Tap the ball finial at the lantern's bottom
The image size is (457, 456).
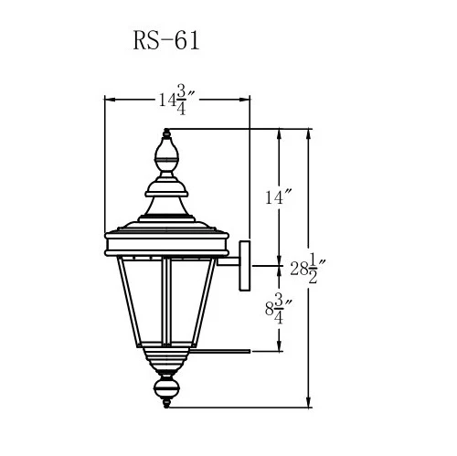[166, 393]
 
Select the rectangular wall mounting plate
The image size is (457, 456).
[244, 265]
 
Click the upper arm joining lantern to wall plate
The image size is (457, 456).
[226, 265]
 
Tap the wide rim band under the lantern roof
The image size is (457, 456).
[167, 243]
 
